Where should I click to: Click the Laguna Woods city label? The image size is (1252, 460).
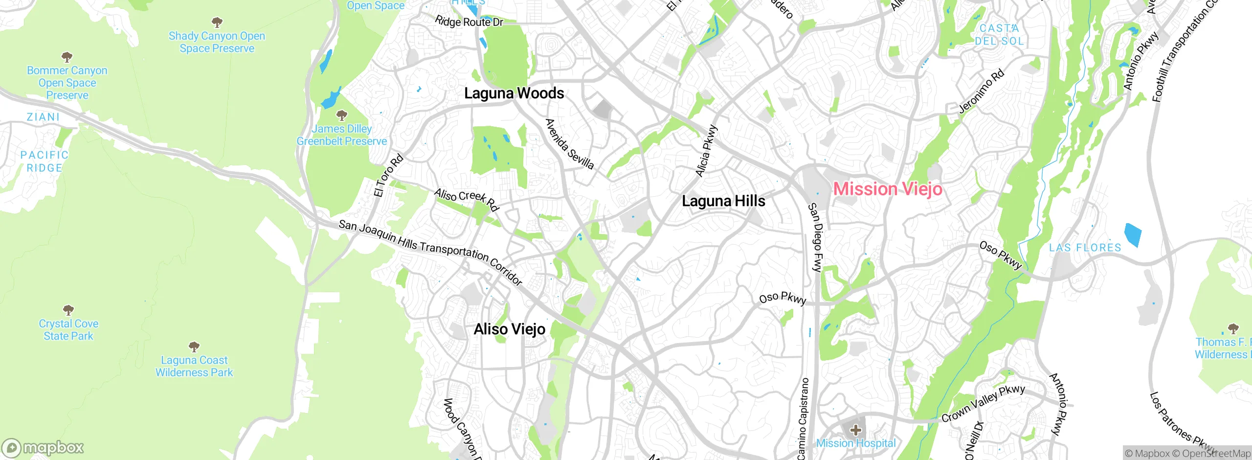pos(514,93)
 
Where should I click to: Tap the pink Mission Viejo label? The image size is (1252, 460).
pos(887,189)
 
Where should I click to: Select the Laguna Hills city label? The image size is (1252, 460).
pos(723,201)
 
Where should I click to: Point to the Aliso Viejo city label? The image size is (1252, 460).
pos(509,329)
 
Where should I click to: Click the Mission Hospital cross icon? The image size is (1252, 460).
pos(855,431)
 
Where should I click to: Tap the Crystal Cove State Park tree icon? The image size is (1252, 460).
pos(68,310)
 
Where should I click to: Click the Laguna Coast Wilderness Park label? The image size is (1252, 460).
pos(194,366)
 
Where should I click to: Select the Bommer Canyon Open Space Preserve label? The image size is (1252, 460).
pos(67,83)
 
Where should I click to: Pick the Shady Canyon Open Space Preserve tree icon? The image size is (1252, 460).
pos(217,22)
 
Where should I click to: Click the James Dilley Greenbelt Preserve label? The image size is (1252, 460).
pos(341,135)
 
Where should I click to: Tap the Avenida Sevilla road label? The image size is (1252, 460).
pos(569,144)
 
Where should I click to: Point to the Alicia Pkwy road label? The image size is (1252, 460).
pos(707,151)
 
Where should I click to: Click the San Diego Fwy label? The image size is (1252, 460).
pos(816,237)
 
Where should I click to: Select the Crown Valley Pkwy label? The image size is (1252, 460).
pos(983,403)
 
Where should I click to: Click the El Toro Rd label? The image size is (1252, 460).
pos(388,175)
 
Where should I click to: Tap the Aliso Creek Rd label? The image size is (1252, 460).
pos(466,199)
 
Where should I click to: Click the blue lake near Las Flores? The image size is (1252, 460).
pos(1133,234)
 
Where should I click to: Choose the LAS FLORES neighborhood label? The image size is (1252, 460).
pos(1085,248)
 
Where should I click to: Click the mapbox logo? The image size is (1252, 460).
pos(43,448)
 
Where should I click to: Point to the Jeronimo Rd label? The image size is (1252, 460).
pos(982,92)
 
